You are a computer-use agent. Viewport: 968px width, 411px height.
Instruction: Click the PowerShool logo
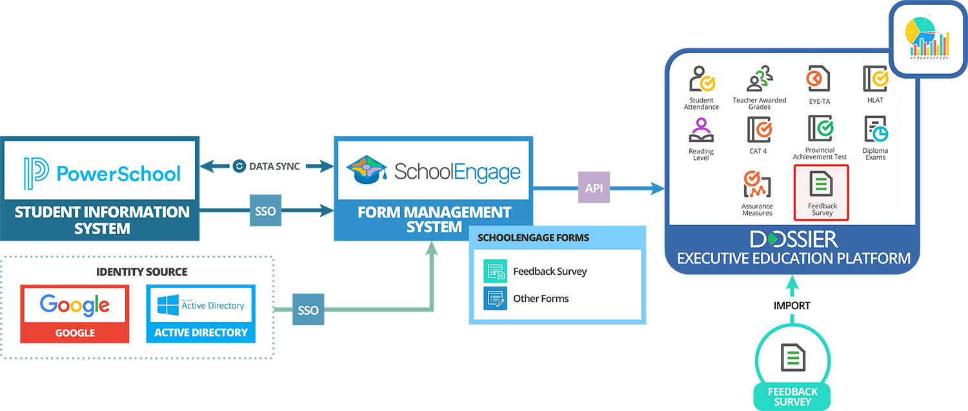point(100,170)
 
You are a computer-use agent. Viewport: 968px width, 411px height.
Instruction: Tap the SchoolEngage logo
point(433,170)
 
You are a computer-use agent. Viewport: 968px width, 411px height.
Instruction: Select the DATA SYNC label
point(267,166)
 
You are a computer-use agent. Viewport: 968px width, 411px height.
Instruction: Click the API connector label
point(594,188)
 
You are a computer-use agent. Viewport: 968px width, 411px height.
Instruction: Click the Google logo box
point(75,305)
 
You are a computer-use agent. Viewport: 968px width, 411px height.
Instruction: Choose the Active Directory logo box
point(201,305)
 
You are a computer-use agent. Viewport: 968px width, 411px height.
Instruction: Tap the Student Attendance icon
point(701,79)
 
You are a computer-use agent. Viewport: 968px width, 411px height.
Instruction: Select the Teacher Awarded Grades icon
point(760,79)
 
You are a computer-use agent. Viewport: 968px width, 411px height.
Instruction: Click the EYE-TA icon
point(818,79)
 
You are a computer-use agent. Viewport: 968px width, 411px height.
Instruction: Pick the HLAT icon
point(876,79)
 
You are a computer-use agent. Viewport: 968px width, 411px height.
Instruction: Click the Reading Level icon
point(701,130)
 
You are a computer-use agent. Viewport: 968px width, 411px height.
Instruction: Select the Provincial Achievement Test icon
point(819,129)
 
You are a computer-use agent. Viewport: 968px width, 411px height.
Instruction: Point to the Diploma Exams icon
point(876,130)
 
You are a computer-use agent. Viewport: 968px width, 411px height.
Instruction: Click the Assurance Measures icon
point(757,185)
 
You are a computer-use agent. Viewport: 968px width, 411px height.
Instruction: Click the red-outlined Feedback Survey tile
point(821,192)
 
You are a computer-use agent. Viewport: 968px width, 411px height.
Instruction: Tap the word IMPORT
point(792,305)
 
